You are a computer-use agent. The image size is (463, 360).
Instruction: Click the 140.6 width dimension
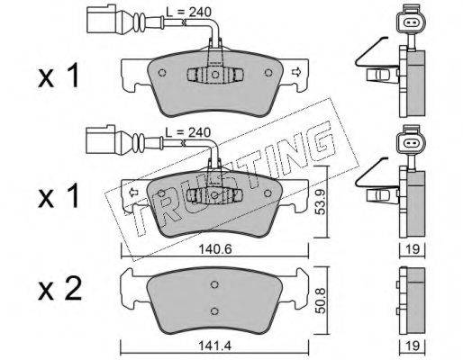[215, 249]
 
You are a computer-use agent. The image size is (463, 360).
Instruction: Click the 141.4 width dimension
[214, 346]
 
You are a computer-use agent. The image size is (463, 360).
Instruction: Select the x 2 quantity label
[59, 289]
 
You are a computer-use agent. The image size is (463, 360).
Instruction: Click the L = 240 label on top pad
[189, 12]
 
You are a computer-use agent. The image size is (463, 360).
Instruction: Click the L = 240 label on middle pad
[188, 132]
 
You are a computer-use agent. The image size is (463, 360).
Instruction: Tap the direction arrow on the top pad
[296, 72]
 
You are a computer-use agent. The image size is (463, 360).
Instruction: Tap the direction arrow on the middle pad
[132, 192]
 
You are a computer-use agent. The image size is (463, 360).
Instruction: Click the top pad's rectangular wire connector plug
[101, 19]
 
